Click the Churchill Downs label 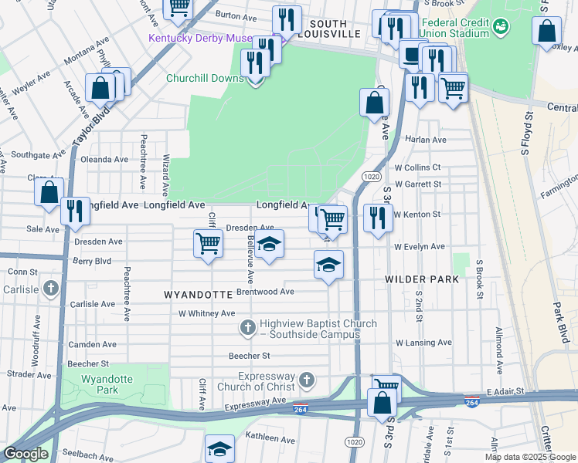[204, 78]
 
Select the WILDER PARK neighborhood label [422, 279]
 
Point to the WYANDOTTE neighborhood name [199, 295]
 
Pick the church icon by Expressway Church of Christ [308, 380]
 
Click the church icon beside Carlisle [51, 289]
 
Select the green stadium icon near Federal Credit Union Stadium [502, 27]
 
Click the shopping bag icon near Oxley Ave [546, 32]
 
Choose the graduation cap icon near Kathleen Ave [219, 448]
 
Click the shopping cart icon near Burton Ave [178, 7]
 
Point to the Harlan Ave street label [427, 140]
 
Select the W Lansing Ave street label [423, 342]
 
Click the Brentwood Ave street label [265, 292]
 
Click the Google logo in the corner [25, 454]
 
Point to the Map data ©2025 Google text [529, 457]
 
